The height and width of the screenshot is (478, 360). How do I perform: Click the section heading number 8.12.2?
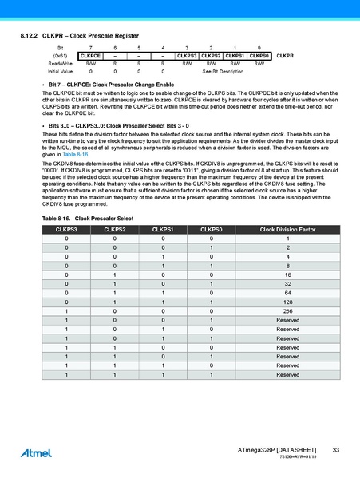[x=30, y=37]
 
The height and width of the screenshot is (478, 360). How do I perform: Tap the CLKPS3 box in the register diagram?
[x=187, y=56]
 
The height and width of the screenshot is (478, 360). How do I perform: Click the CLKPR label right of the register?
[x=286, y=56]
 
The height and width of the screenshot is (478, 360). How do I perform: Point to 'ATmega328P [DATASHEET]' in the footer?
[x=277, y=451]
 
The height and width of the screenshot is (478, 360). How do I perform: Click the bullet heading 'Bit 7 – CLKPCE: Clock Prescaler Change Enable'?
[x=112, y=84]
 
